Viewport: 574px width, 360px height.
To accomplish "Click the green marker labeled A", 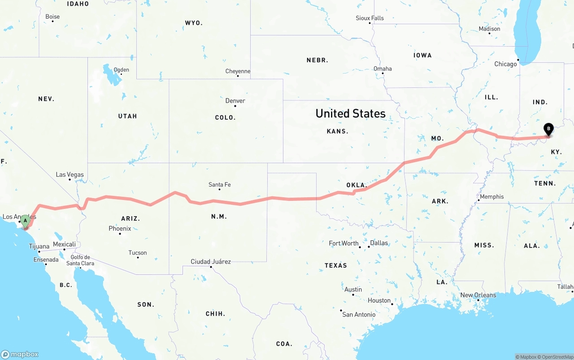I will [x=26, y=221].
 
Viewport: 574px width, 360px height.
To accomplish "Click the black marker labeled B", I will [x=548, y=129].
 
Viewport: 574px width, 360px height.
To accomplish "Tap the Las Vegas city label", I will [x=70, y=174].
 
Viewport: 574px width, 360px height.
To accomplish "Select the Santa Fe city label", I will [x=220, y=184].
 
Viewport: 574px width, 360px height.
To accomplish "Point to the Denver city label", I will [x=235, y=100].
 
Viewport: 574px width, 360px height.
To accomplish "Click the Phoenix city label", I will [x=120, y=228].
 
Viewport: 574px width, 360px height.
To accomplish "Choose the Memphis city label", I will [x=491, y=196].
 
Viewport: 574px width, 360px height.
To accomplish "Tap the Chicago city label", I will [x=505, y=64].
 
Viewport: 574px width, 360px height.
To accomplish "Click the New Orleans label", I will [x=478, y=295].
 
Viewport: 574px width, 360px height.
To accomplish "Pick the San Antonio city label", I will [x=359, y=314].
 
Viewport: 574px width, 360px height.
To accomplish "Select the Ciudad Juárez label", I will [x=211, y=261].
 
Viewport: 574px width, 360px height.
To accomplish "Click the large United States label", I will [x=350, y=113].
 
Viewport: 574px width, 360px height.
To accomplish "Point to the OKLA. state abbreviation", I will [x=357, y=185].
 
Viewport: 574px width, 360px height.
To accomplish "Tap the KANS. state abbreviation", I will [x=337, y=131].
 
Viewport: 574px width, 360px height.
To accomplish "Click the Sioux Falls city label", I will [x=370, y=18].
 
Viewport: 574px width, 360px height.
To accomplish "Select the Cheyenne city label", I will [x=238, y=71].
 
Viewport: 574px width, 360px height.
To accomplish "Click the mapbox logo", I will [x=20, y=354].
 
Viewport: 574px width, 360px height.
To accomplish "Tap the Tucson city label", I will [x=137, y=253].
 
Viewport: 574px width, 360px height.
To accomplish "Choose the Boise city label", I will [x=52, y=17].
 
